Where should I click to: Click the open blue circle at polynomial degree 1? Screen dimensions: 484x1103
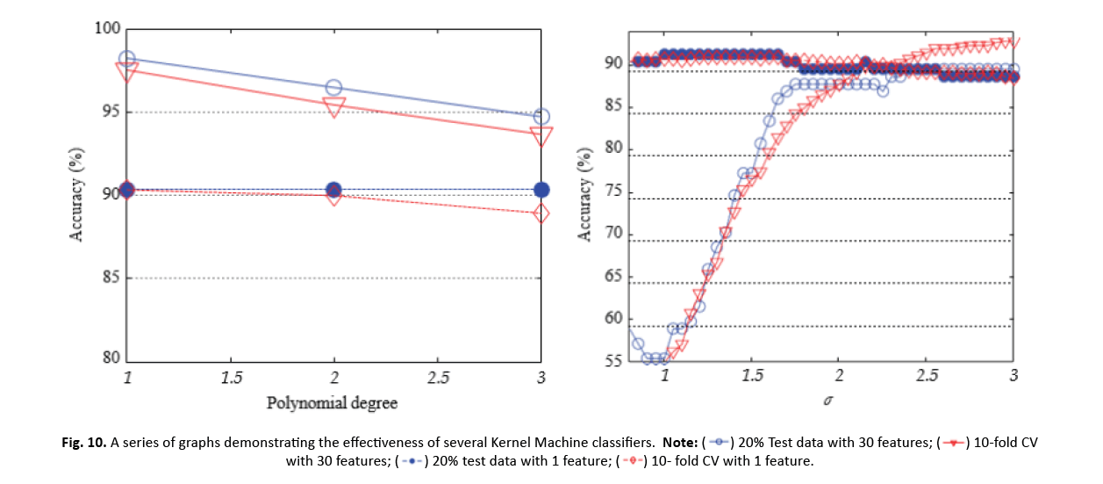pos(127,59)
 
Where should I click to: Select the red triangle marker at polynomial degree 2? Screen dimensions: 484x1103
pos(333,107)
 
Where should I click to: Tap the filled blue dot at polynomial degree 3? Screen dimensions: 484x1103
pos(541,190)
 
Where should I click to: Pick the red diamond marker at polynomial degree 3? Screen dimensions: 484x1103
pos(541,213)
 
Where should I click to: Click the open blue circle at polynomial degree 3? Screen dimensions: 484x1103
pos(541,117)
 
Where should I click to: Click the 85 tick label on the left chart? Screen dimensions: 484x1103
pos(109,278)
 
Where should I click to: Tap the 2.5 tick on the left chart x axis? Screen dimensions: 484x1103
pos(438,377)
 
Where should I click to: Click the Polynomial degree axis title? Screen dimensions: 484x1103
pos(333,403)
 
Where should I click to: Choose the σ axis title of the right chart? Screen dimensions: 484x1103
pos(827,401)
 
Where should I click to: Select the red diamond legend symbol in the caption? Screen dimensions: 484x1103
pos(628,460)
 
